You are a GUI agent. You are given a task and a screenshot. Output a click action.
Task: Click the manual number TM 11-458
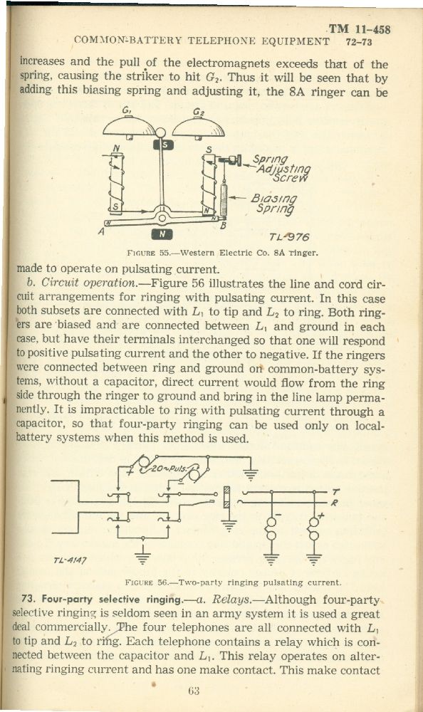coord(360,30)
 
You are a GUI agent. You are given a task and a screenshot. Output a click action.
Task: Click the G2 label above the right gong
coord(198,112)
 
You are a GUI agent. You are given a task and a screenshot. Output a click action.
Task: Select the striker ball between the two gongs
coord(160,132)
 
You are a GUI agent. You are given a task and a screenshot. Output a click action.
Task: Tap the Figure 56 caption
coord(233,582)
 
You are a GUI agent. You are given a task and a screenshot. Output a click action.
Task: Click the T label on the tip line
coord(335,492)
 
